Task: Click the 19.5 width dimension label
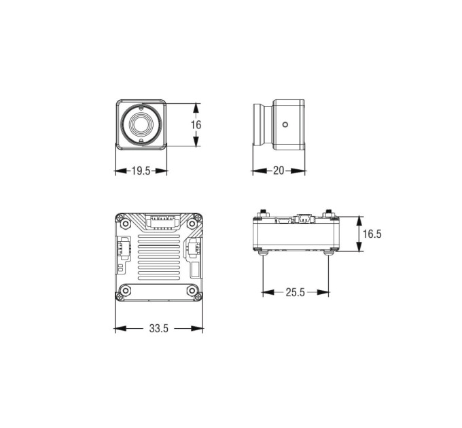point(141,171)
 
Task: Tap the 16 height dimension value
point(196,125)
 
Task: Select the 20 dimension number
point(279,171)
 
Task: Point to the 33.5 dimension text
point(158,328)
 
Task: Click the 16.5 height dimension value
point(372,234)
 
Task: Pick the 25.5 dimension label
point(296,292)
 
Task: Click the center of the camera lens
point(141,124)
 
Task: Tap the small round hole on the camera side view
point(285,124)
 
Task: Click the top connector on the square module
point(162,221)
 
